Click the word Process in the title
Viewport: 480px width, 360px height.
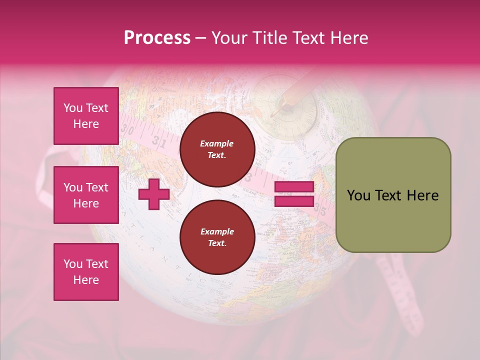157,38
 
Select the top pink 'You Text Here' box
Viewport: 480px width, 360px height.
86,116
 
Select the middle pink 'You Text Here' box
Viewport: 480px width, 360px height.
86,195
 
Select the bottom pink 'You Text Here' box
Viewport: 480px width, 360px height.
86,271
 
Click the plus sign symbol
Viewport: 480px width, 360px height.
153,194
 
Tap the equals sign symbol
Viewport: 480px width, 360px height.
294,194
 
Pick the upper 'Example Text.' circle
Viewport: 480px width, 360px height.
217,149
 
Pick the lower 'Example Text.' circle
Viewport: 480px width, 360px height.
217,237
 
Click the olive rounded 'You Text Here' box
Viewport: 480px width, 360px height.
393,195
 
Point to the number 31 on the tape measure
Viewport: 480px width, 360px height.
159,141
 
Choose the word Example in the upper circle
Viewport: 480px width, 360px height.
217,144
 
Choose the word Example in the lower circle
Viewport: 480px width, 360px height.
217,232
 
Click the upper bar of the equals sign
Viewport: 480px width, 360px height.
294,187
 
